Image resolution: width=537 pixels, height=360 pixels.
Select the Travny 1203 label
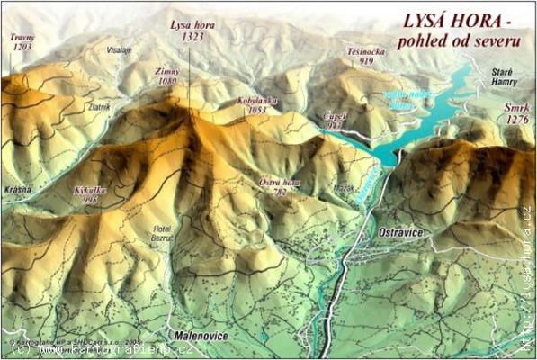22,41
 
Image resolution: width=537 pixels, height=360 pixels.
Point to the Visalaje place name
119,50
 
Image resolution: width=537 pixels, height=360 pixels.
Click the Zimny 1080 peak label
167,75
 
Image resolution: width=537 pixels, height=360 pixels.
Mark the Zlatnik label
98,106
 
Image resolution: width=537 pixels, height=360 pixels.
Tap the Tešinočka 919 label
366,57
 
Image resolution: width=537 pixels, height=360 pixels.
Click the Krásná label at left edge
17,189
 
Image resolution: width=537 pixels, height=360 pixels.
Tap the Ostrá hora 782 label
278,186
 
